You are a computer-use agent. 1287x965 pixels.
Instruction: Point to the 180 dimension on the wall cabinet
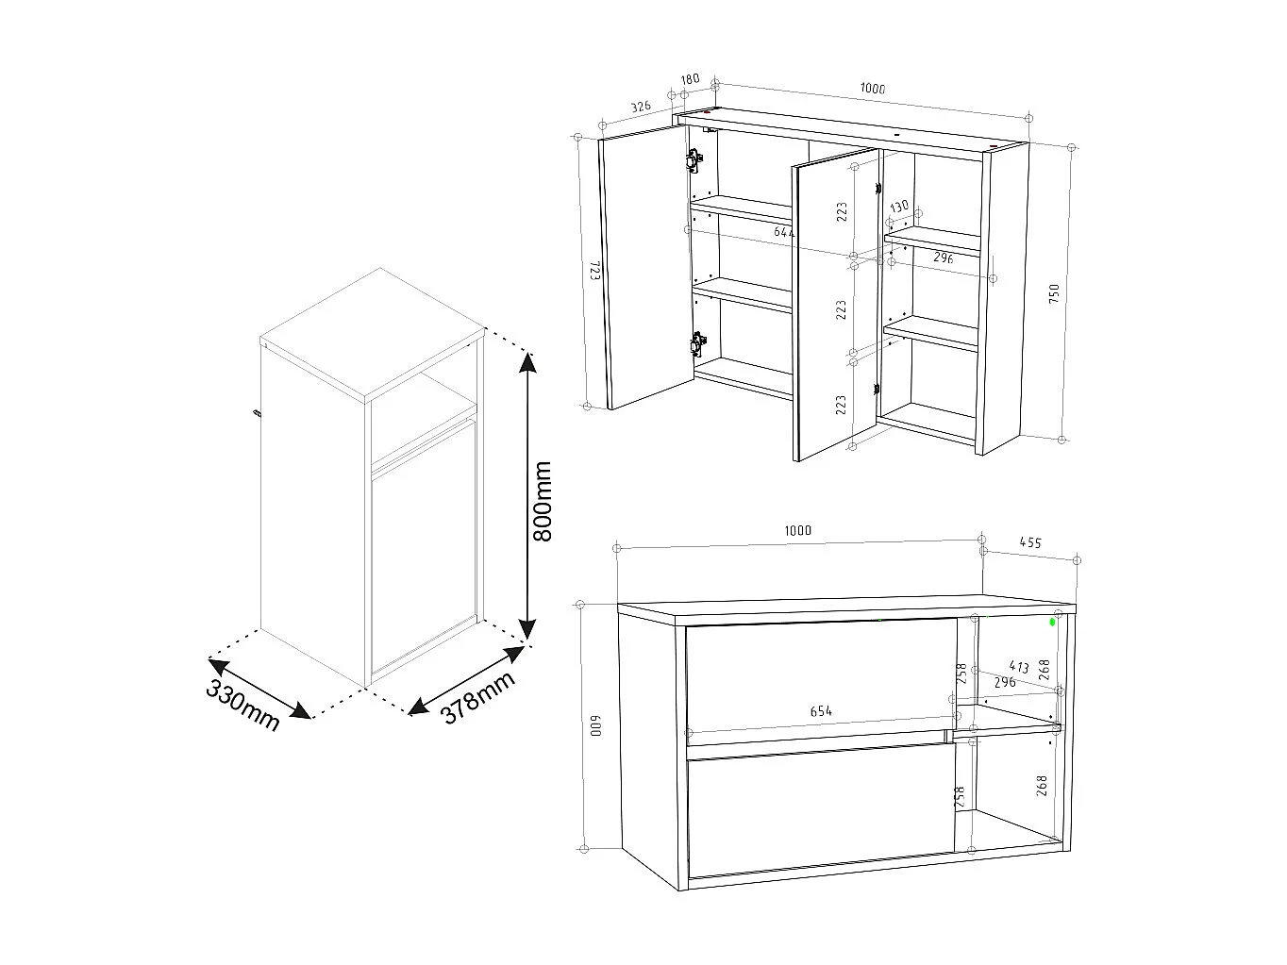pos(690,79)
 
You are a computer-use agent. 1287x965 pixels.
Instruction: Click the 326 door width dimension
pos(641,107)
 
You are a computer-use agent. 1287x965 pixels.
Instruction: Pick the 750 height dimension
pos(1054,292)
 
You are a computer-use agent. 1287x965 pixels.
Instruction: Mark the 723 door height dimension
pos(595,274)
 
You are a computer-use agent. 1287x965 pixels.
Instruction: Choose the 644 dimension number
pos(784,231)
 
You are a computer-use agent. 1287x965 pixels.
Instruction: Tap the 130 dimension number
pos(899,206)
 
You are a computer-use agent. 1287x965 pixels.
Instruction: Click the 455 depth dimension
pos(1029,542)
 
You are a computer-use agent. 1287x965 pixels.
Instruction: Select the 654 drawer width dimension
pos(821,711)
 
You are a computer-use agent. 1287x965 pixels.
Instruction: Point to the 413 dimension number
pos(1019,667)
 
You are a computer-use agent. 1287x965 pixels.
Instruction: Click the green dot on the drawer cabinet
pos(1053,623)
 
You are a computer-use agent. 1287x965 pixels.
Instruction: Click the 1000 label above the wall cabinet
pos(873,89)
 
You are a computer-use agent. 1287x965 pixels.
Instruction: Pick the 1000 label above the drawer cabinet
pos(797,530)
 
